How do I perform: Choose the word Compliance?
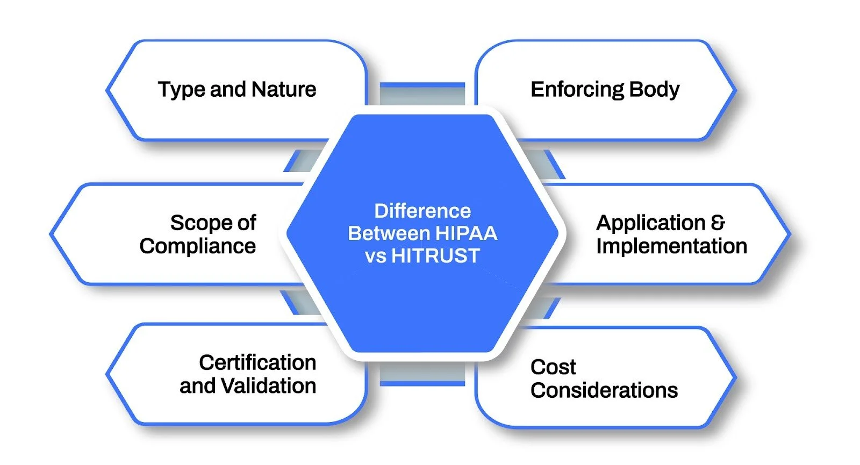click(x=198, y=246)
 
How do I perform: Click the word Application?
click(x=650, y=223)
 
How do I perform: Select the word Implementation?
click(x=671, y=246)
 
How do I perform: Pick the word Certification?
click(x=257, y=362)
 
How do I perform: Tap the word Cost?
click(x=553, y=367)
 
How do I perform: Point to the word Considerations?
click(x=604, y=390)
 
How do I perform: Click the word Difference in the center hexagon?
click(x=422, y=211)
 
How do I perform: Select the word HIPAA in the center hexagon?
click(x=466, y=233)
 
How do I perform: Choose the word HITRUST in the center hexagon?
click(x=435, y=256)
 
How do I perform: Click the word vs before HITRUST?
click(x=375, y=256)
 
